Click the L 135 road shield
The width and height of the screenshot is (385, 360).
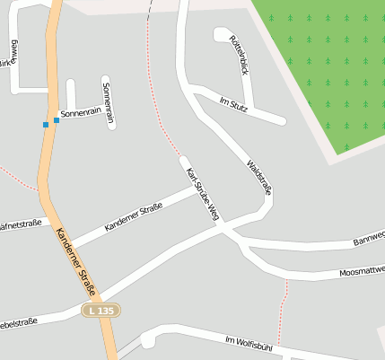(x=101, y=310)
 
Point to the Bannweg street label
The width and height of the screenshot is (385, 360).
(x=369, y=237)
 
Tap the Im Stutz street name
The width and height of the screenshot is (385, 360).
(x=233, y=103)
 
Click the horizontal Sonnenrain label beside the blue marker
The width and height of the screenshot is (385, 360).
(x=79, y=115)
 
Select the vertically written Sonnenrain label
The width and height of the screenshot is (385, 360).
(x=109, y=101)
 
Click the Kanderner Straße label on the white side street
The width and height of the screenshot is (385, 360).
(x=133, y=218)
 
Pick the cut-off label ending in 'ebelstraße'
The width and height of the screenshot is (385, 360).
(x=18, y=321)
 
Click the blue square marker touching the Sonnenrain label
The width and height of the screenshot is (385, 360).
(x=57, y=119)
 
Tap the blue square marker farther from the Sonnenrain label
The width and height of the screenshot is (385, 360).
(x=46, y=124)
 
